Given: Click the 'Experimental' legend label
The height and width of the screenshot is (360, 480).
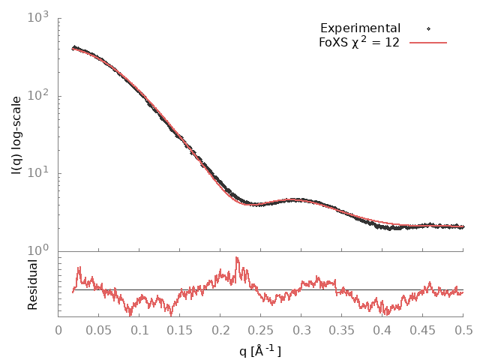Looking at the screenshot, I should pos(360,28).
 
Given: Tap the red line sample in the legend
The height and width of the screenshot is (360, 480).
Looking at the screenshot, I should pos(428,43).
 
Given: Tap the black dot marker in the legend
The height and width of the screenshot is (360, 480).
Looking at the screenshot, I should pos(428,28).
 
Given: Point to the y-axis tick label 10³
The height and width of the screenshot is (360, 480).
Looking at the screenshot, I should pos(37,18).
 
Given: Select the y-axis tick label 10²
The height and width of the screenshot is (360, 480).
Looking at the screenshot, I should pos(37,95).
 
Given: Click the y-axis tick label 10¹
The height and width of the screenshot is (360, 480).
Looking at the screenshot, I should pos(37,173).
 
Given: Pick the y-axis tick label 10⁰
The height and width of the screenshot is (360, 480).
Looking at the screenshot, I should pos(37,250).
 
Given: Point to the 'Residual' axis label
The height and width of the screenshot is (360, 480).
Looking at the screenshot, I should pos(32,285).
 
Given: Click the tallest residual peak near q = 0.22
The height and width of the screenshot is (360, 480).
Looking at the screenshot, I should pos(237,258).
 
